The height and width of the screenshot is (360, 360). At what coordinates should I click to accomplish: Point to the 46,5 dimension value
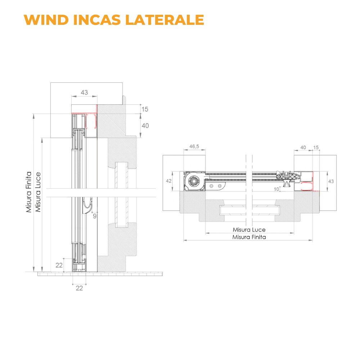(194, 147)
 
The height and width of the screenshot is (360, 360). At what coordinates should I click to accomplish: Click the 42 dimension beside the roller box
(169, 181)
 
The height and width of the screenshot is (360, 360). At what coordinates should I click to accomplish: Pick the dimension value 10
(276, 189)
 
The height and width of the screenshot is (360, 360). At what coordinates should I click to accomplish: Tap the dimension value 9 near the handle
(95, 216)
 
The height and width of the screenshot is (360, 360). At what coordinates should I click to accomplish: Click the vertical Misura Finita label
(29, 192)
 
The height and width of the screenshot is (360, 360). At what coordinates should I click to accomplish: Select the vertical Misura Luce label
(38, 192)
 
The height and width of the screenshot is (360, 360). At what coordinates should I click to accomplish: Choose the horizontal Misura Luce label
(249, 230)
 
